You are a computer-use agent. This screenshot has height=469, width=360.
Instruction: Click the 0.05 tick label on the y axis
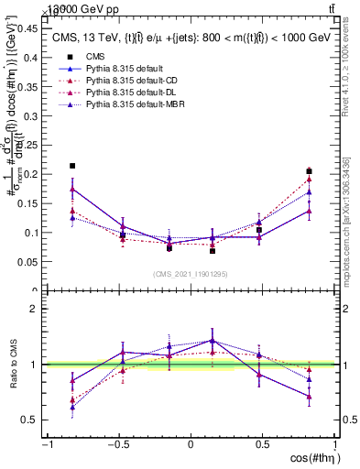27,261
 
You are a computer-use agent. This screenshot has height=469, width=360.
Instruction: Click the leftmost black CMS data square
72,166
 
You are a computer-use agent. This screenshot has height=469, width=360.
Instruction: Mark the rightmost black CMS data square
310,171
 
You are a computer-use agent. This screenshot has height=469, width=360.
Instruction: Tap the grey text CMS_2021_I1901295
191,274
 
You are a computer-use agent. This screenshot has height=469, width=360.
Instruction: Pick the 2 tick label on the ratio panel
35,309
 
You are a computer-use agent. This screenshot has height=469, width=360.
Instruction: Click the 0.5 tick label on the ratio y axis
30,420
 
